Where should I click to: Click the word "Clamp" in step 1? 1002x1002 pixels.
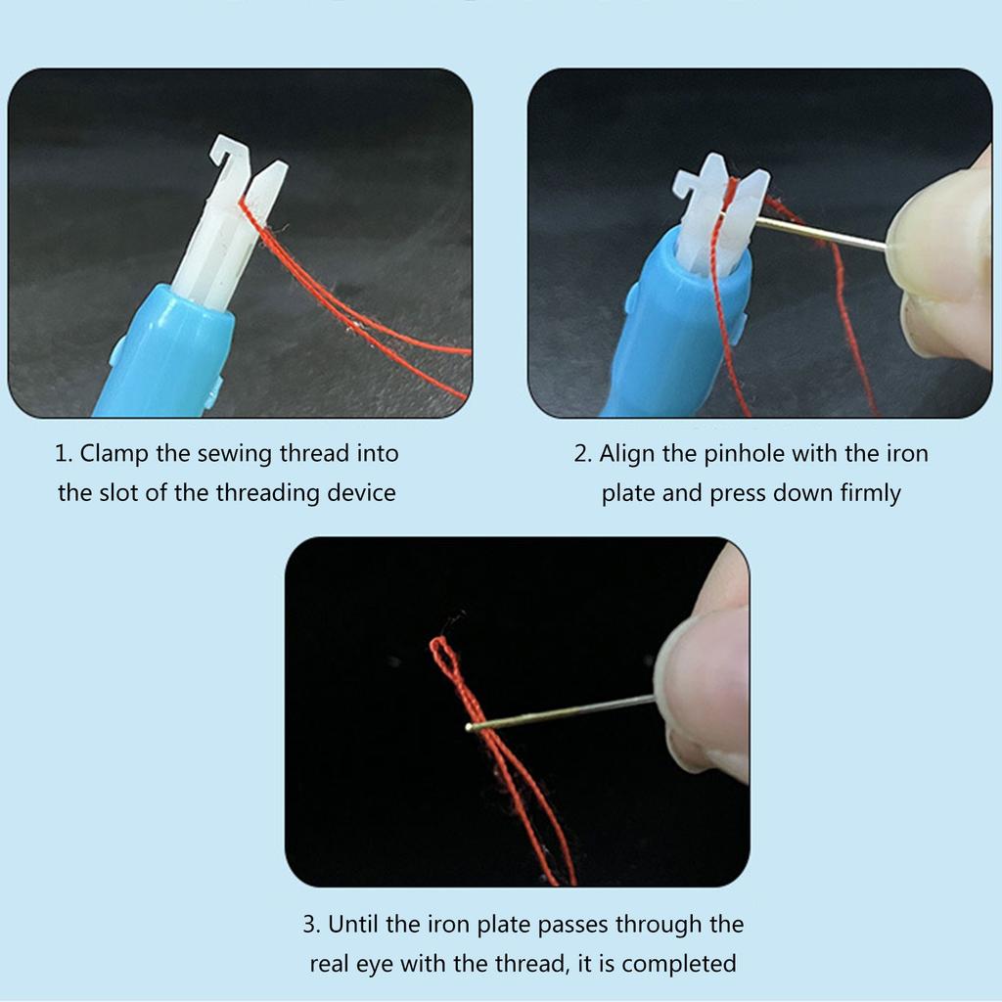click(x=114, y=454)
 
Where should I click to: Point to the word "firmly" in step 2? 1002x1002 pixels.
click(x=870, y=492)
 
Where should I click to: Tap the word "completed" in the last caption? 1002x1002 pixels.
click(x=678, y=963)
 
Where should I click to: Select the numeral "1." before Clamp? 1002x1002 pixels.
click(x=64, y=454)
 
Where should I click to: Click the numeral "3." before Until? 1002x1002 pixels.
click(x=312, y=925)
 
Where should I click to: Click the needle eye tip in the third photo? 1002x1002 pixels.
click(x=471, y=727)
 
